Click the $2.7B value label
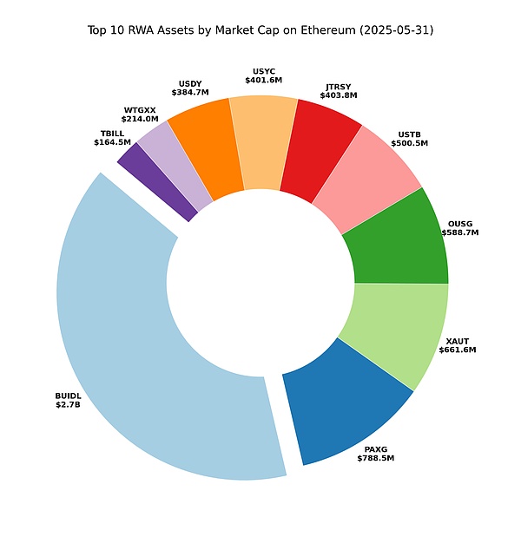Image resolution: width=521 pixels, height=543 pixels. (68, 405)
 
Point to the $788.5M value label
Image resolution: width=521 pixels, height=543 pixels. (375, 458)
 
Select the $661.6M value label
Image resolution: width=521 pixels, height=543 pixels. (460, 350)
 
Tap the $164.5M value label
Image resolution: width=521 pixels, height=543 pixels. (112, 142)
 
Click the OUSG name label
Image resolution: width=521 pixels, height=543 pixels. (460, 223)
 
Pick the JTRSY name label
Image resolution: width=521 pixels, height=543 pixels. (338, 88)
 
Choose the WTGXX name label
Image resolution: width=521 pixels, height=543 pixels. (141, 110)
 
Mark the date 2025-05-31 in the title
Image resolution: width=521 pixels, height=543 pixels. (396, 30)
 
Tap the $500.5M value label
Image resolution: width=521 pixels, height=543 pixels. (410, 144)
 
